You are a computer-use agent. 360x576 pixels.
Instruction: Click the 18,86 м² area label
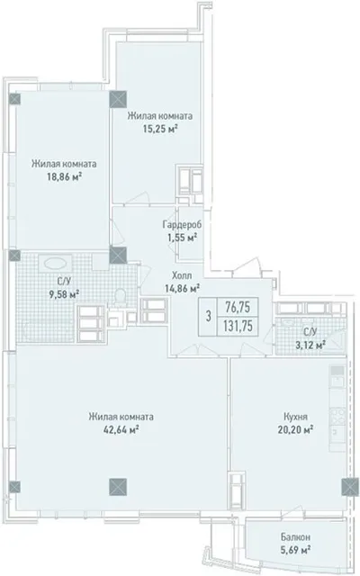(64, 176)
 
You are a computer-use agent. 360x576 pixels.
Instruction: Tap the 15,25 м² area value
(160, 129)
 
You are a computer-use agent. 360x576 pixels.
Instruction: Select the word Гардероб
(182, 224)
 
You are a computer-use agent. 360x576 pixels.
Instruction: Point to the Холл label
(182, 275)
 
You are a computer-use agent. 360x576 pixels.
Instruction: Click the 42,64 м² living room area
(121, 429)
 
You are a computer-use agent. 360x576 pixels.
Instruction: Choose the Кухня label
(295, 417)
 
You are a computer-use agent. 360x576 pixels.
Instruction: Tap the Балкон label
(295, 537)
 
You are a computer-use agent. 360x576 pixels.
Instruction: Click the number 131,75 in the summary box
(238, 326)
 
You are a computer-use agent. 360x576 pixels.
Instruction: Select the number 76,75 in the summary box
(238, 307)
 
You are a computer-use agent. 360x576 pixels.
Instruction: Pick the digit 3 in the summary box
(208, 316)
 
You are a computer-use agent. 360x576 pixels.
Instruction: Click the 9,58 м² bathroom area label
(64, 294)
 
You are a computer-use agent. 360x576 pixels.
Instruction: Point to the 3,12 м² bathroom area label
(310, 346)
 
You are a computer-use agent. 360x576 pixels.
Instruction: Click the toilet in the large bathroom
(120, 297)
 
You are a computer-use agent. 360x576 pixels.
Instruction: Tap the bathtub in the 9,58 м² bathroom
(56, 263)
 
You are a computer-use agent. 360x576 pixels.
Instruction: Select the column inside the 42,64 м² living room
(118, 487)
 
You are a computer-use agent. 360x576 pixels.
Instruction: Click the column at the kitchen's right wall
(350, 487)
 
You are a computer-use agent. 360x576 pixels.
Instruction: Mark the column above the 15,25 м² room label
(118, 99)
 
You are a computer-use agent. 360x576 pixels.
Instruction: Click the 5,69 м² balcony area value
(295, 550)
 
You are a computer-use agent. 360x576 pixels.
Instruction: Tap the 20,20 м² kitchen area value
(295, 429)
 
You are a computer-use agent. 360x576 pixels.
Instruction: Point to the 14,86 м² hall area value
(182, 288)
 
